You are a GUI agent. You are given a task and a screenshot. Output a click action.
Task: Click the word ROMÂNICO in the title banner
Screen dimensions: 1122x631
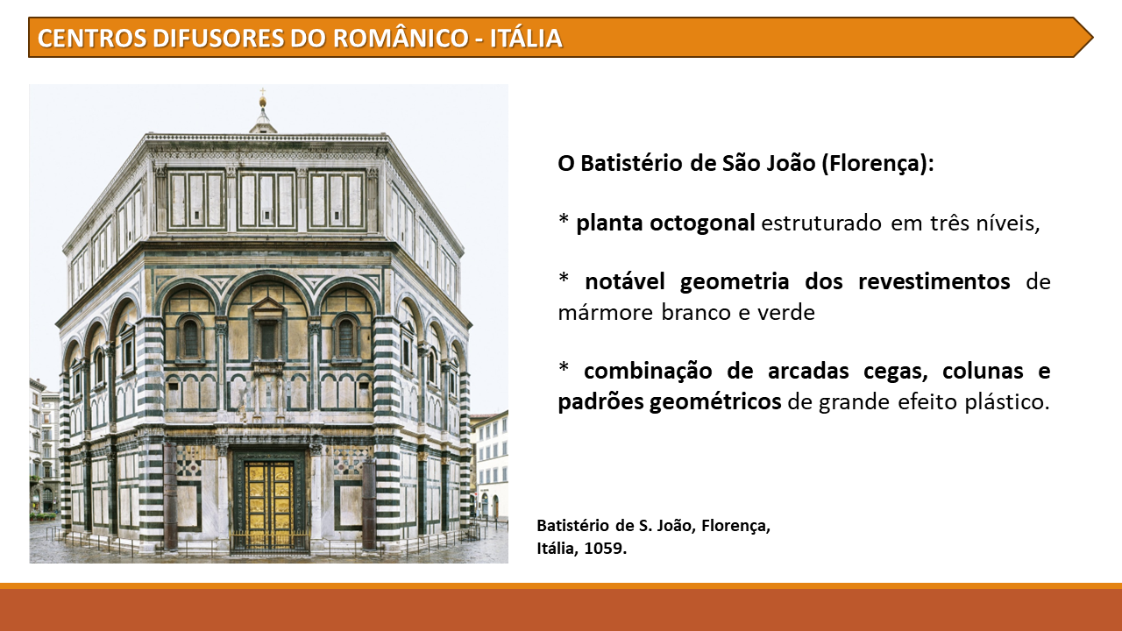point(401,38)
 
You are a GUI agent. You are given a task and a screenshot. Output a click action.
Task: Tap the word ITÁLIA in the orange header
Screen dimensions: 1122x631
point(526,38)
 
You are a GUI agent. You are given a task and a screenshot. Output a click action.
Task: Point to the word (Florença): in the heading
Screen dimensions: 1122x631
point(877,164)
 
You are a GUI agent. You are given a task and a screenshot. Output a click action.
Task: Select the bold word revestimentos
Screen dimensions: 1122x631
point(934,281)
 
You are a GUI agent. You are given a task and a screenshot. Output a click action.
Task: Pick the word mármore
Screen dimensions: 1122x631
point(605,313)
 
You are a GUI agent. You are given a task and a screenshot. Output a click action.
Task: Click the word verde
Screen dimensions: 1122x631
point(786,313)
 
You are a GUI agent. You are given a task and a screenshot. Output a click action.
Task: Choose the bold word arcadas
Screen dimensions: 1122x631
point(808,371)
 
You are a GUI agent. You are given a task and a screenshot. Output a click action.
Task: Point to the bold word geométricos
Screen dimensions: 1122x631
point(715,402)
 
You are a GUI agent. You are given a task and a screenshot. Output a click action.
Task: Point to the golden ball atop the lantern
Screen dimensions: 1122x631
point(262,103)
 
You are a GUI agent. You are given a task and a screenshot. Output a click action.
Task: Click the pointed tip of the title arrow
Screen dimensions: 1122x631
point(1093,38)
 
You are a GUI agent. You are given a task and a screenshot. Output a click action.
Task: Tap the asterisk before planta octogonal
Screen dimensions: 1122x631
point(564,219)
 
